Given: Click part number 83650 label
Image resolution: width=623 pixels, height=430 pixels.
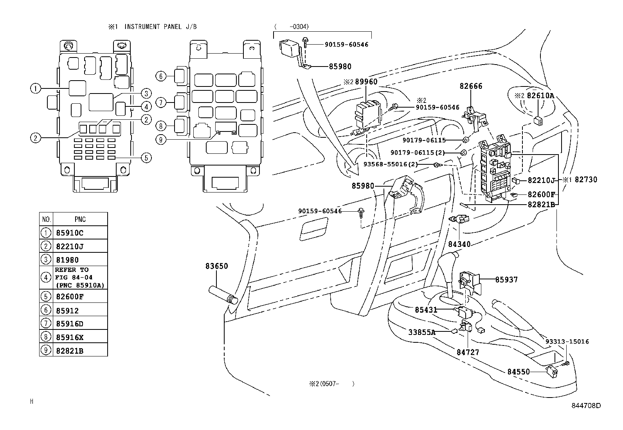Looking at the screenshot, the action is tap(217, 266).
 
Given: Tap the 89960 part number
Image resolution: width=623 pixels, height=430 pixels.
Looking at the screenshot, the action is tap(366, 82).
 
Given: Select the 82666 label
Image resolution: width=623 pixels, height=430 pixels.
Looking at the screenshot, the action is tap(471, 86).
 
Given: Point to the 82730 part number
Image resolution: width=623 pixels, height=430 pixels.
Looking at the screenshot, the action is tap(586, 180).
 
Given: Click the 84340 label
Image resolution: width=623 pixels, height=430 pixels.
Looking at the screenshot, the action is tap(459, 244).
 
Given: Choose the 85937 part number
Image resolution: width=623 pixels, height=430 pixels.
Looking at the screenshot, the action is tap(506, 279).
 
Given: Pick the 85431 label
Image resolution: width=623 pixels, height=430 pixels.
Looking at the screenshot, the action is tap(426, 310).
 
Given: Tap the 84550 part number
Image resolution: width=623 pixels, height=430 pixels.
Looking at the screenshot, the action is tap(519, 372).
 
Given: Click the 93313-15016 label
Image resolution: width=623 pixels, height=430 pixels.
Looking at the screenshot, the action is tap(567, 342).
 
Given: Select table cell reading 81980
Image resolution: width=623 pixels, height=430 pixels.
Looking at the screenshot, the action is tap(67, 260).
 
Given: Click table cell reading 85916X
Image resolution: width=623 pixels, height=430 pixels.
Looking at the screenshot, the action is tap(70, 337).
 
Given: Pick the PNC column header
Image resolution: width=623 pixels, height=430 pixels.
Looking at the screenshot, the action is tap(80, 219).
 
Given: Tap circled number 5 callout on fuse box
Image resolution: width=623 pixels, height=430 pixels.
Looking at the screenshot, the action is tap(146, 158).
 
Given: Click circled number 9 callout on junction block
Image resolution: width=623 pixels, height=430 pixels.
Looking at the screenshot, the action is tap(161, 140).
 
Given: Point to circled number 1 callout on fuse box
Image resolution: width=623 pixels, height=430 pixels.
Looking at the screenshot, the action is tap(36, 89).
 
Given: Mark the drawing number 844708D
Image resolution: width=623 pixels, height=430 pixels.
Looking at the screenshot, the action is tap(586, 406).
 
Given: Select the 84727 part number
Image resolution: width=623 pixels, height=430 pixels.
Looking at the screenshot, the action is tap(468, 353).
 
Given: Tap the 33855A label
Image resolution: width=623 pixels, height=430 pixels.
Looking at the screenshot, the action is tap(422, 332).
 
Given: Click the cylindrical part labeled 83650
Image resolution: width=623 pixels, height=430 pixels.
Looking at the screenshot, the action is tap(223, 295).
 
